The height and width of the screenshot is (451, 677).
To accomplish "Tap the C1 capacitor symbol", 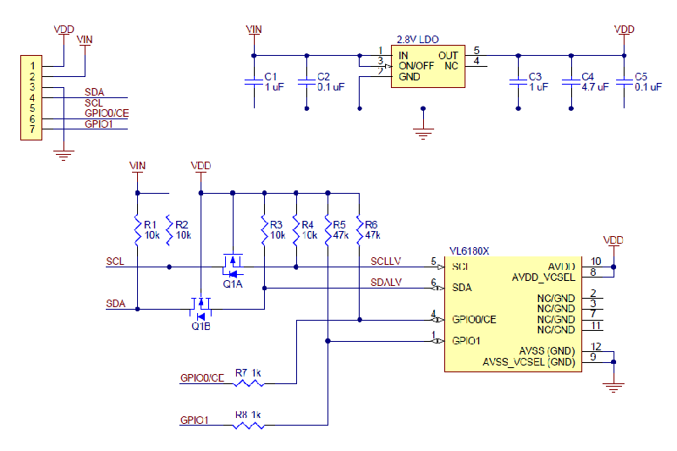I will (x=253, y=81).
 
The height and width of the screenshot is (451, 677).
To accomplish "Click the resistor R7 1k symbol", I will (x=248, y=382).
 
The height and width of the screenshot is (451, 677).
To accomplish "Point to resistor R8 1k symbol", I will (x=248, y=425).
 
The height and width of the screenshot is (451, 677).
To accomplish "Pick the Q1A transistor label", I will (x=233, y=284).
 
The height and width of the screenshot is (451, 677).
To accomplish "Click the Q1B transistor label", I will (x=201, y=326).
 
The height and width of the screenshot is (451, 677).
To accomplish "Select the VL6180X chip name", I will (x=469, y=250).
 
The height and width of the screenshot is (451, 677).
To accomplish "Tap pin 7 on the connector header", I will (x=31, y=129).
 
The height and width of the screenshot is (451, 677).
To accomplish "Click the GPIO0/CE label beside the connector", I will (x=107, y=113).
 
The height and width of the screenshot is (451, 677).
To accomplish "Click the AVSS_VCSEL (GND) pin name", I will (x=529, y=362).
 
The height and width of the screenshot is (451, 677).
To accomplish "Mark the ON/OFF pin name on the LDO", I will (x=416, y=65).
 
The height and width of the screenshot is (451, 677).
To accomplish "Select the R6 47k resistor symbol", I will (x=360, y=229).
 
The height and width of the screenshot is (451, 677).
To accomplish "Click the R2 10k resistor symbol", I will (x=169, y=229).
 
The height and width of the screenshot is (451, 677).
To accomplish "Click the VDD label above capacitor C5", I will (x=624, y=30).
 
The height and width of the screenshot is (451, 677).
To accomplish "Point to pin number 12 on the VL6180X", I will (x=597, y=347).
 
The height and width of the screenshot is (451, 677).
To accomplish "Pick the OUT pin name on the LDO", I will (x=448, y=55).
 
